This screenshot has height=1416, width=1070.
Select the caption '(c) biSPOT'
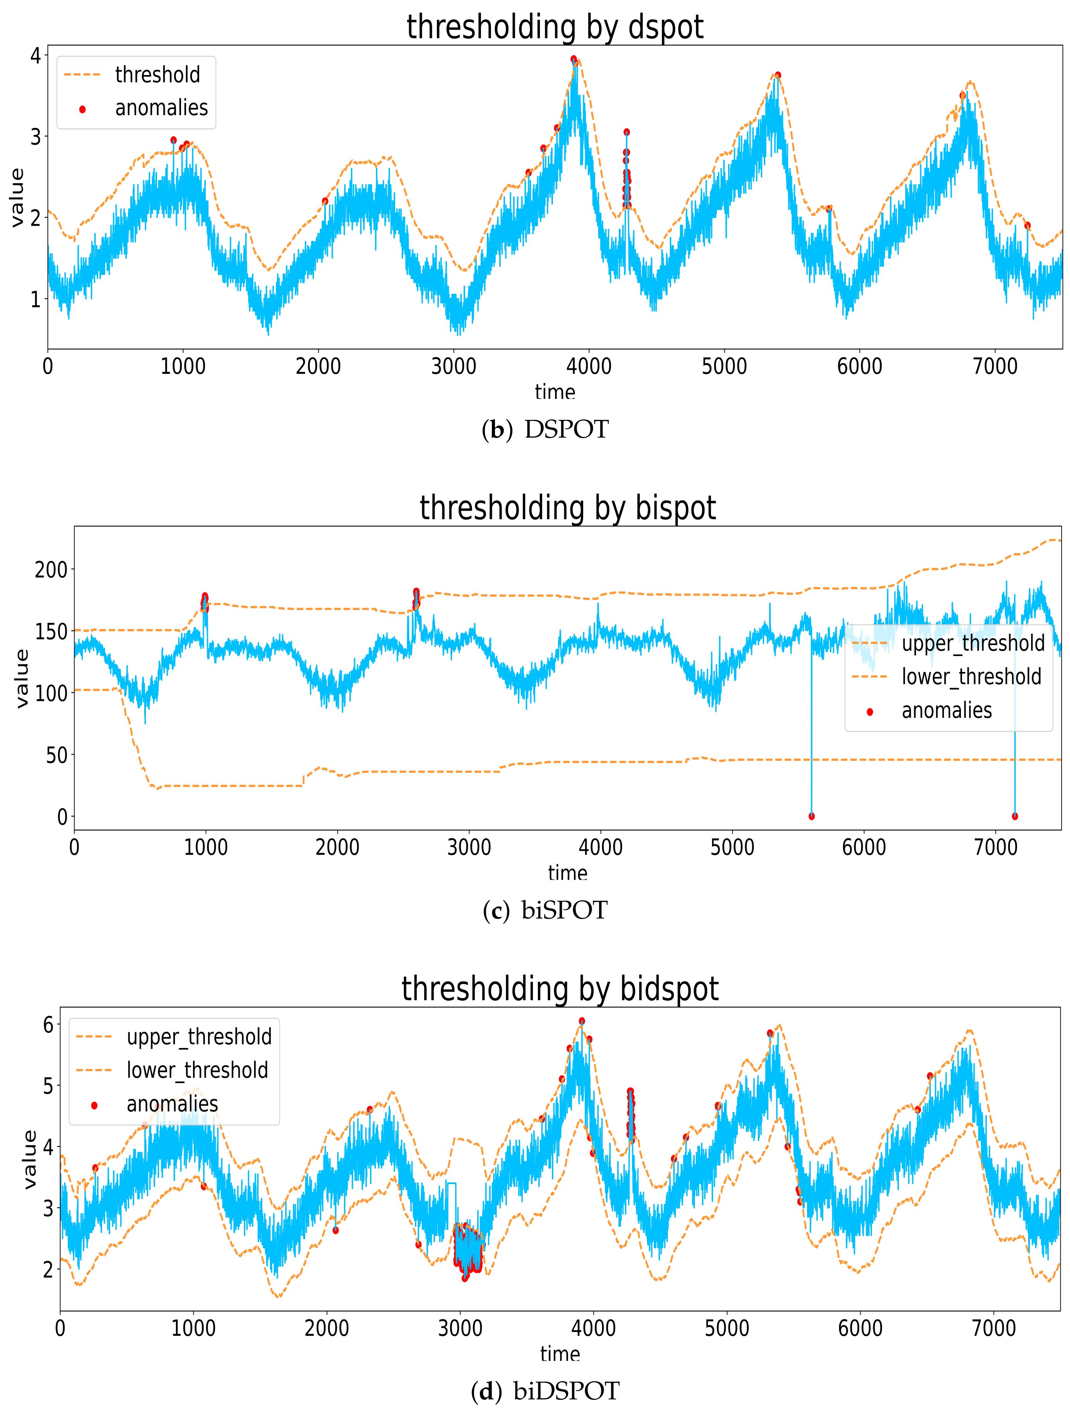coord(545,910)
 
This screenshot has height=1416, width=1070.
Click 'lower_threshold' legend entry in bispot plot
coord(971,676)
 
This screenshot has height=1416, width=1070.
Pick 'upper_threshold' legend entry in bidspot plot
coord(198,1036)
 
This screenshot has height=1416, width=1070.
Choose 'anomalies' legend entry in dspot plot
coord(161,108)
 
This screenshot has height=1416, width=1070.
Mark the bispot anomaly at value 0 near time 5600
coord(811,816)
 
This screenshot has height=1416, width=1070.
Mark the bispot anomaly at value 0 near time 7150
coord(1014,816)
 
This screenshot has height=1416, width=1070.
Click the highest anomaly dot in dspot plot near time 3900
coord(574,59)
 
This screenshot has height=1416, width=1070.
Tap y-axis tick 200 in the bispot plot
coord(51,569)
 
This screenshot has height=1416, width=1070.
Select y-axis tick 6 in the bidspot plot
coord(48,1024)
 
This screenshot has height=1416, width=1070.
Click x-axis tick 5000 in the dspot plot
coord(724,367)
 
